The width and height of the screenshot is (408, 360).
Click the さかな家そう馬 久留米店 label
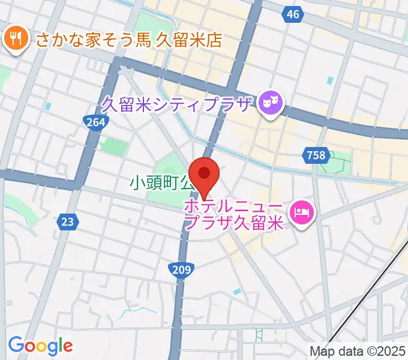point(129,40)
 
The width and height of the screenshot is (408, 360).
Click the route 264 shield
point(95,122)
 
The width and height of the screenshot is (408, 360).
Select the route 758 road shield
point(316,155)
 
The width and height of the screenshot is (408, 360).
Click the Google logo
point(40,346)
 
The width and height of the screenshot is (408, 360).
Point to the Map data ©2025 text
point(357,351)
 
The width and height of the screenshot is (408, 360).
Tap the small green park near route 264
point(112,145)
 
